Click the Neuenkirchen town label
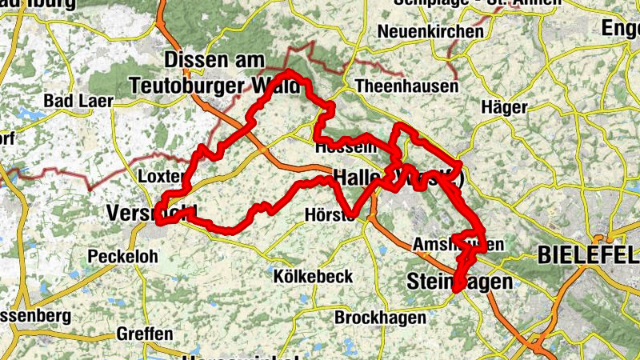tap(432, 32)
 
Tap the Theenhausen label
tap(407, 86)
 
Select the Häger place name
tap(505, 107)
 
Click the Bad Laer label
tap(79, 101)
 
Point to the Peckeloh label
tap(122, 257)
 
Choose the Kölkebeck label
tap(313, 276)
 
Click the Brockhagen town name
tap(379, 318)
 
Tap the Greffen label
tap(144, 333)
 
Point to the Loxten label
tap(162, 176)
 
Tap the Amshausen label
tap(458, 244)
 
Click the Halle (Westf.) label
tap(398, 177)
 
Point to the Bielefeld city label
tap(588, 255)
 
